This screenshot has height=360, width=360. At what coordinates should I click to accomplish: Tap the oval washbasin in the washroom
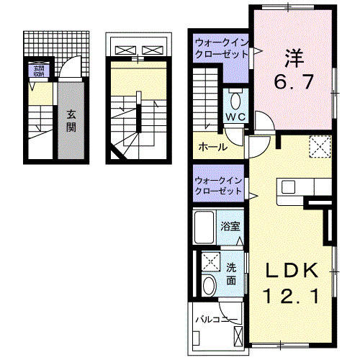point(210,286)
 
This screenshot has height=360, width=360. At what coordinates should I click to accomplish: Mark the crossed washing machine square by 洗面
point(211,261)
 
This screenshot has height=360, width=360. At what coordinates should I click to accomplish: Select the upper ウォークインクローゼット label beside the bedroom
point(219,48)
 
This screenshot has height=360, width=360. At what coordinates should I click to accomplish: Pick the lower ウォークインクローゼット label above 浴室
point(219,186)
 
